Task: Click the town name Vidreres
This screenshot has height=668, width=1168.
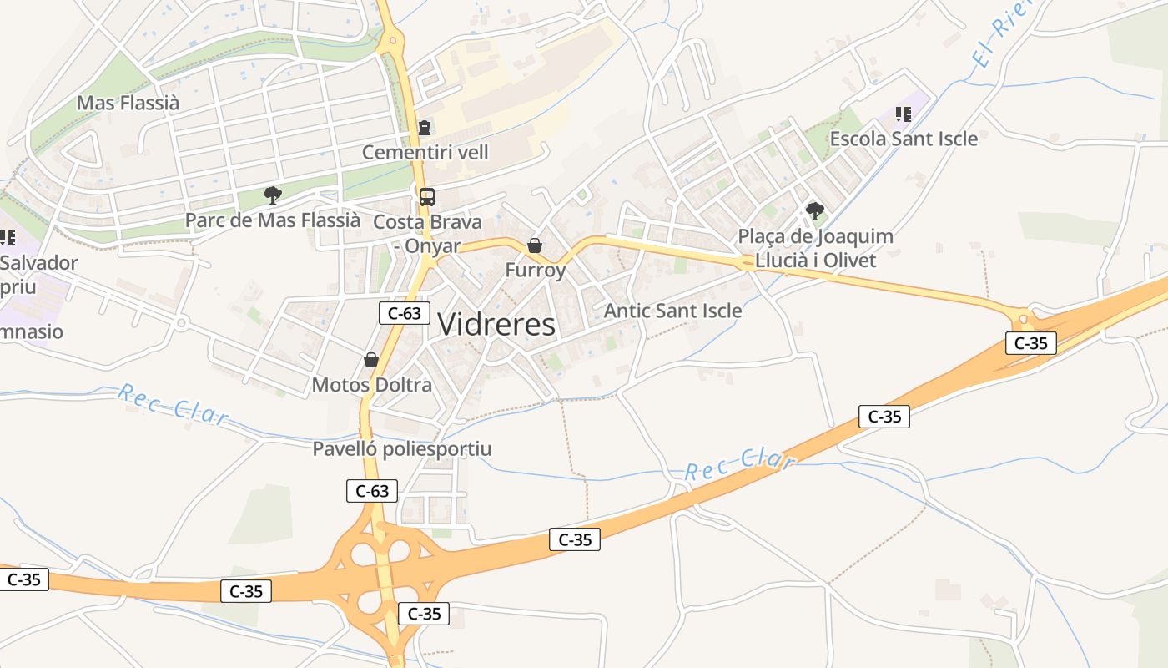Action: pyautogui.click(x=496, y=324)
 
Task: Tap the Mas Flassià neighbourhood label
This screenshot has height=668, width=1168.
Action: pyautogui.click(x=128, y=104)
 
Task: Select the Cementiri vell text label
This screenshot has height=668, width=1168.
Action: pyautogui.click(x=425, y=153)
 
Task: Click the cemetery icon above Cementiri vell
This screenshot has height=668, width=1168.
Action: pyautogui.click(x=425, y=129)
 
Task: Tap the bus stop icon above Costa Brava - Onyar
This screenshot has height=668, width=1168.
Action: pyautogui.click(x=426, y=197)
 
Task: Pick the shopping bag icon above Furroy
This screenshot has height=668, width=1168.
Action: pyautogui.click(x=535, y=245)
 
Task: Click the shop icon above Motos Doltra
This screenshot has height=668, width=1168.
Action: pyautogui.click(x=371, y=360)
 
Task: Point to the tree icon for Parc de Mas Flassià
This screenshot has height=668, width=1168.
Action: pyautogui.click(x=272, y=195)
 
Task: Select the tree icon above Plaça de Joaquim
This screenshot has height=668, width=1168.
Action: pyautogui.click(x=815, y=211)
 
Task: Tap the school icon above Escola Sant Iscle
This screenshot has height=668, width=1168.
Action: pyautogui.click(x=903, y=114)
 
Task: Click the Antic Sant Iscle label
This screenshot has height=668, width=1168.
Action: pyautogui.click(x=672, y=311)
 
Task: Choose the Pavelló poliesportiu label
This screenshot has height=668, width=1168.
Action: pyautogui.click(x=401, y=449)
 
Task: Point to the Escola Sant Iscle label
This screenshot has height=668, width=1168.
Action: pyautogui.click(x=904, y=139)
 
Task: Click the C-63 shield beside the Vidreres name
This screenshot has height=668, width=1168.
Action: pyautogui.click(x=405, y=313)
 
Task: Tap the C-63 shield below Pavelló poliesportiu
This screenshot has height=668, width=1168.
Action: pyautogui.click(x=372, y=491)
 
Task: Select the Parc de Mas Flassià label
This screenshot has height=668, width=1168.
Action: pyautogui.click(x=273, y=220)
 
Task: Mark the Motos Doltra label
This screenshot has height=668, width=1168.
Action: pyautogui.click(x=371, y=385)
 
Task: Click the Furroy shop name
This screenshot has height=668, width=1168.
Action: pyautogui.click(x=535, y=270)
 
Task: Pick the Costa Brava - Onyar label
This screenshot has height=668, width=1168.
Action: pyautogui.click(x=427, y=234)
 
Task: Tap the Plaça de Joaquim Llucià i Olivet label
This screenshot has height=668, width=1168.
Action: pyautogui.click(x=815, y=249)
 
